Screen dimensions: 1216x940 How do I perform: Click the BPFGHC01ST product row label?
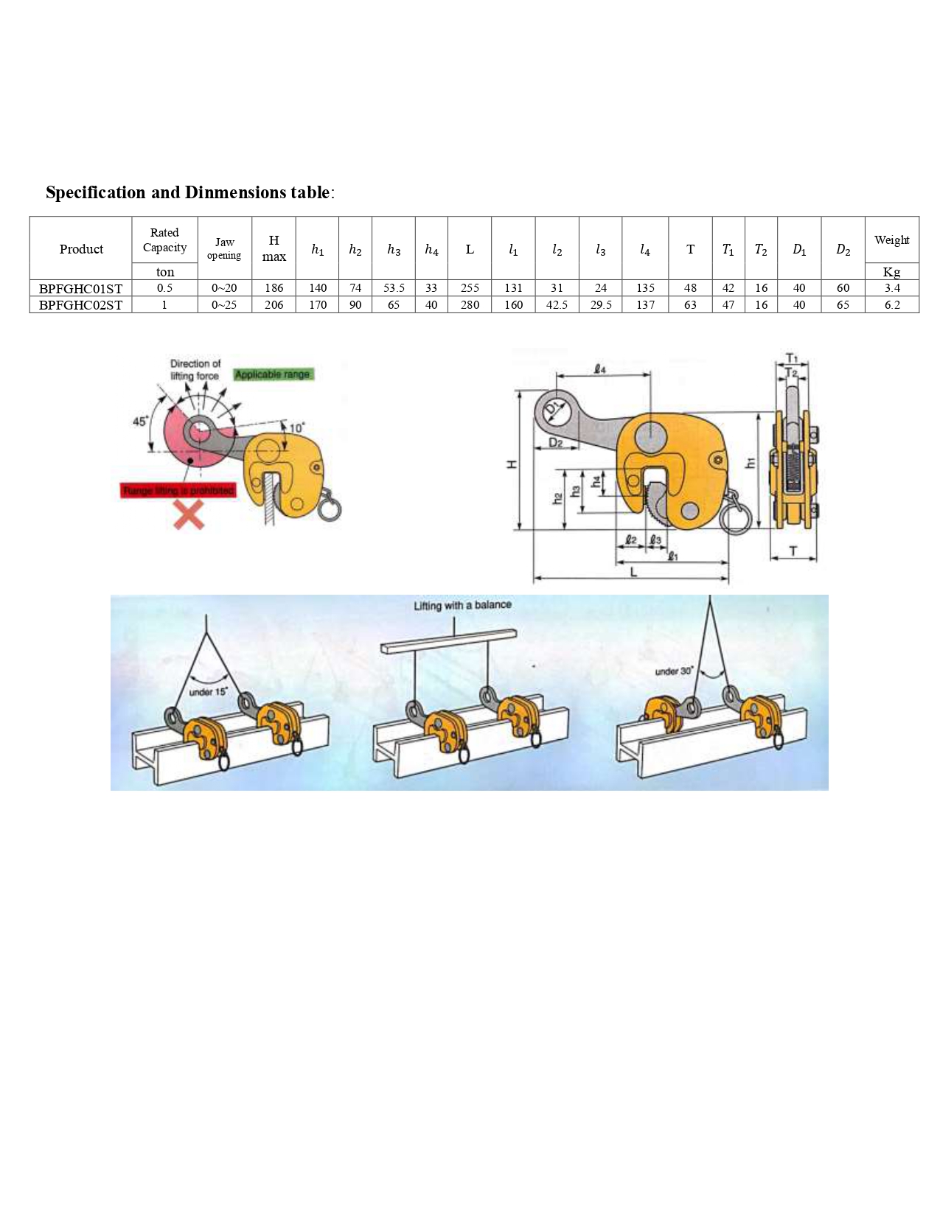[80, 288]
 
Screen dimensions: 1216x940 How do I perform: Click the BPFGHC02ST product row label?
[80, 305]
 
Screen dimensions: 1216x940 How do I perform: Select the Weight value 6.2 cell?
[891, 305]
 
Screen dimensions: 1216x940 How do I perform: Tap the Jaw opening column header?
[224, 248]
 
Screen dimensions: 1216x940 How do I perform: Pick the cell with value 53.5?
[394, 288]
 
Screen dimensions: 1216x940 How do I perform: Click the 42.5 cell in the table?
[557, 305]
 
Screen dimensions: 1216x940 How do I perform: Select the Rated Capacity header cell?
[164, 240]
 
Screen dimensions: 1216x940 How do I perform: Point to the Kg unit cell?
[891, 272]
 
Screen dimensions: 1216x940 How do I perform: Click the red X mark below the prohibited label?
[189, 514]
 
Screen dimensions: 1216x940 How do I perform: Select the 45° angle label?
[140, 422]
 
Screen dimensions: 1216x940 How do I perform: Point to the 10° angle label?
[297, 428]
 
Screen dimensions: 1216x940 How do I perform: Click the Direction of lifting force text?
[195, 369]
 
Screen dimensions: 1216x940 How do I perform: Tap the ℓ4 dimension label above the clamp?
[600, 368]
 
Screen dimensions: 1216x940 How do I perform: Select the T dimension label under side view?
[793, 551]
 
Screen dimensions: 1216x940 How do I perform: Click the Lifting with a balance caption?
[462, 605]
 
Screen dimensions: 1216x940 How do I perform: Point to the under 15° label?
[209, 691]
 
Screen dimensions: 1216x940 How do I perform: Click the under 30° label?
[674, 671]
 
